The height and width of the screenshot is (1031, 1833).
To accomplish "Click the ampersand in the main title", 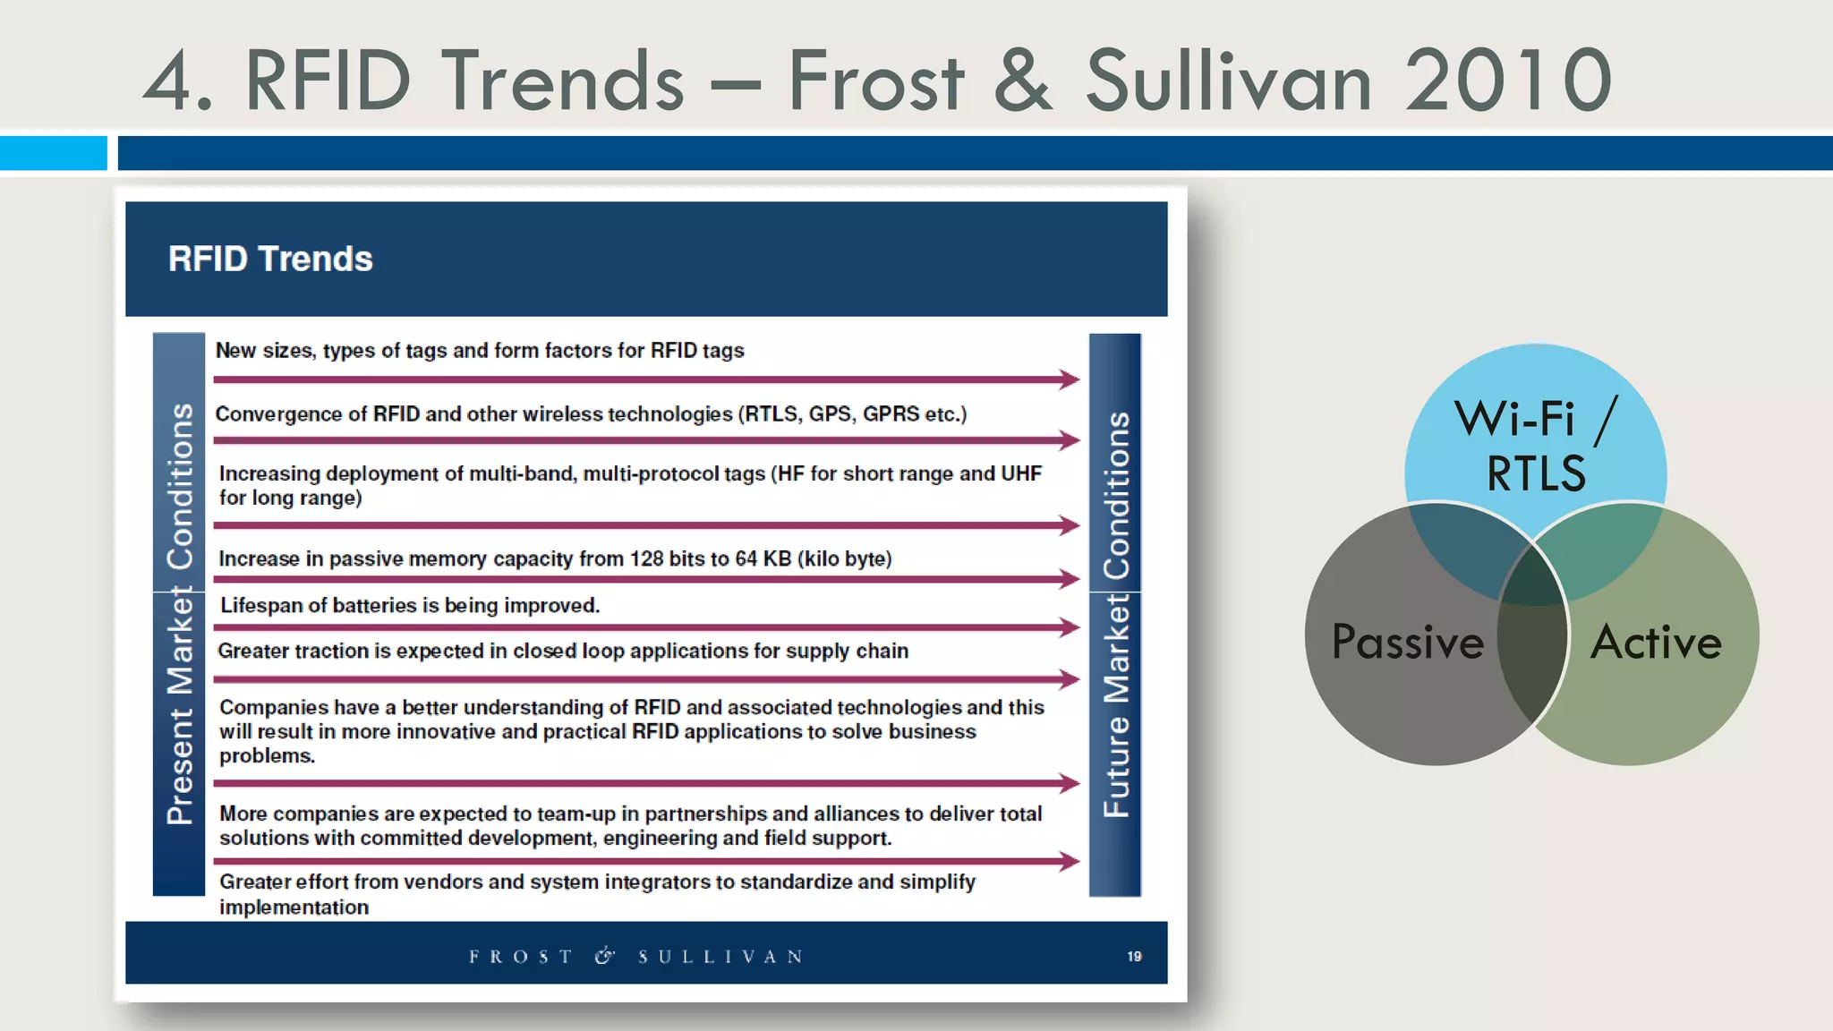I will [x=1023, y=81].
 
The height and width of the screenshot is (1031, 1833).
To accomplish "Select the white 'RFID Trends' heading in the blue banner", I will [x=270, y=260].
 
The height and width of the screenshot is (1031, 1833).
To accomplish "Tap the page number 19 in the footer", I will [x=1134, y=957].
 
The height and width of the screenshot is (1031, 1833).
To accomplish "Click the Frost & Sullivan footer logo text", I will [x=635, y=957].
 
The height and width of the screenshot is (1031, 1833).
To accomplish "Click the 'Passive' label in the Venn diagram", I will [x=1407, y=642].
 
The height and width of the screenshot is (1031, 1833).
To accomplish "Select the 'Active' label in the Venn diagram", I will [x=1656, y=642].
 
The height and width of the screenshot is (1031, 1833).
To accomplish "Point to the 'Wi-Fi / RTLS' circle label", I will [x=1535, y=446].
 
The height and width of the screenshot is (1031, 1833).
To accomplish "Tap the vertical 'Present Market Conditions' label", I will [x=180, y=614].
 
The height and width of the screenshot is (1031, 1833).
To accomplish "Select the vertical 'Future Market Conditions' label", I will [x=1115, y=614].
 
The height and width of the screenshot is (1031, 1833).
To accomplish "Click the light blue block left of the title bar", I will [x=53, y=153].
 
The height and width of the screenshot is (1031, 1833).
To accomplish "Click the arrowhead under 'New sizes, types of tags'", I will [x=1069, y=379].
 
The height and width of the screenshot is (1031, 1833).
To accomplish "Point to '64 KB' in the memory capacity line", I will [x=763, y=559].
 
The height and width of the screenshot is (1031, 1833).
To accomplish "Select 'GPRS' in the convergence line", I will [x=891, y=414].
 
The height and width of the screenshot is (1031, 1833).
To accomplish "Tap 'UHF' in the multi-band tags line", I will [x=1020, y=473].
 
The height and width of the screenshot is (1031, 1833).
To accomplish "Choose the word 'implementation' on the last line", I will [x=294, y=907].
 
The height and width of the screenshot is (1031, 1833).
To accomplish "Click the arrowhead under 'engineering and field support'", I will [x=1069, y=862].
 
